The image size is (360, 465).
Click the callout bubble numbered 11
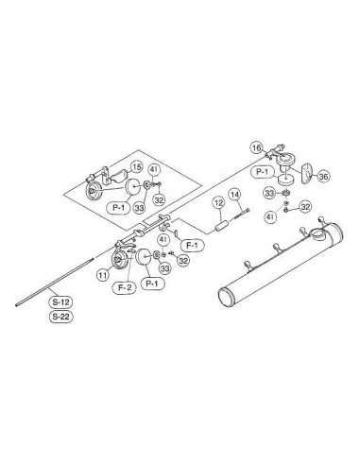click(102, 275)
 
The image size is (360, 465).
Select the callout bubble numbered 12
click(218, 202)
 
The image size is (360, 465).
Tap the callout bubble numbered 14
click(234, 195)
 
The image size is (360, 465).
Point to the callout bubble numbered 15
click(136, 167)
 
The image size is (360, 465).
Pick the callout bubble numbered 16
click(257, 147)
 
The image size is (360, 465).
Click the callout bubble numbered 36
click(323, 176)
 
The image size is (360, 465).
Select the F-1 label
click(192, 245)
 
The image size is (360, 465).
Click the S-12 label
click(60, 302)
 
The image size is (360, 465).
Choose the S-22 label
click(60, 317)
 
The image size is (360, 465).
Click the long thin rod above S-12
click(55, 282)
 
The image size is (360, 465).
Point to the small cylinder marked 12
click(222, 226)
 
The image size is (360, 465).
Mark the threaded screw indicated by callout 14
click(242, 213)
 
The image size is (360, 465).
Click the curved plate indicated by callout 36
click(306, 173)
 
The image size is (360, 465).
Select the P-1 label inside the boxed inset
click(118, 207)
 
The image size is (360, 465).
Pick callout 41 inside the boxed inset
click(153, 170)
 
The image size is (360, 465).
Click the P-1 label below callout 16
click(263, 172)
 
